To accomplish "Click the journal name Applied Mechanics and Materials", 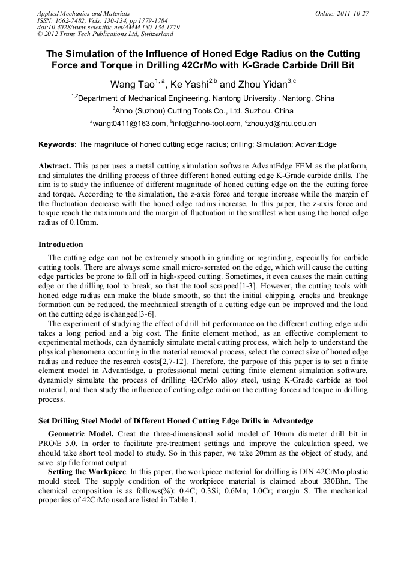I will (x=83, y=13).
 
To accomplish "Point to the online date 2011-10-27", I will (x=354, y=13).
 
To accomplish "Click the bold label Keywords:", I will (x=58, y=144).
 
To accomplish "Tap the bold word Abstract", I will (x=55, y=165).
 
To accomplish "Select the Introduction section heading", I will (x=61, y=245).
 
